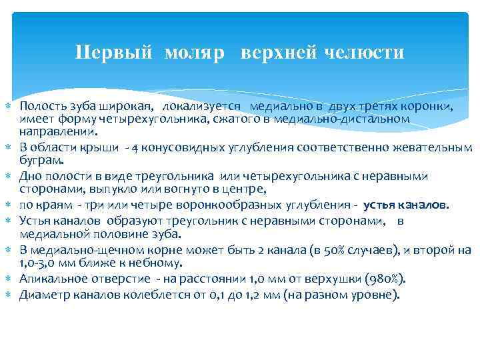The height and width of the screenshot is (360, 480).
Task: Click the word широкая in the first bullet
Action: [127, 107]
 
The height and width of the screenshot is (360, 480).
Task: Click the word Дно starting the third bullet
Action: [29, 176]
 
